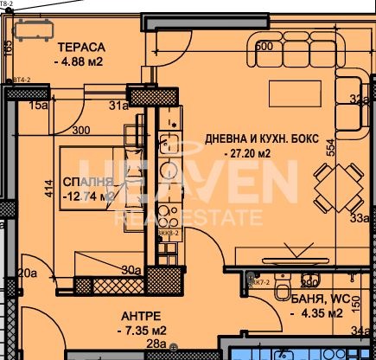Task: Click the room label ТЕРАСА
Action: (82, 46)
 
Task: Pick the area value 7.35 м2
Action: (141, 330)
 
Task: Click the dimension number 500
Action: (264, 46)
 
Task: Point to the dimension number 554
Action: (329, 149)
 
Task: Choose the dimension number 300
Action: (81, 131)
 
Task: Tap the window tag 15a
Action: (37, 106)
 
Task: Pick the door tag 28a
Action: (156, 346)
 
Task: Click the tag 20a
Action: (28, 273)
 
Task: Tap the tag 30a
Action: (131, 270)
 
